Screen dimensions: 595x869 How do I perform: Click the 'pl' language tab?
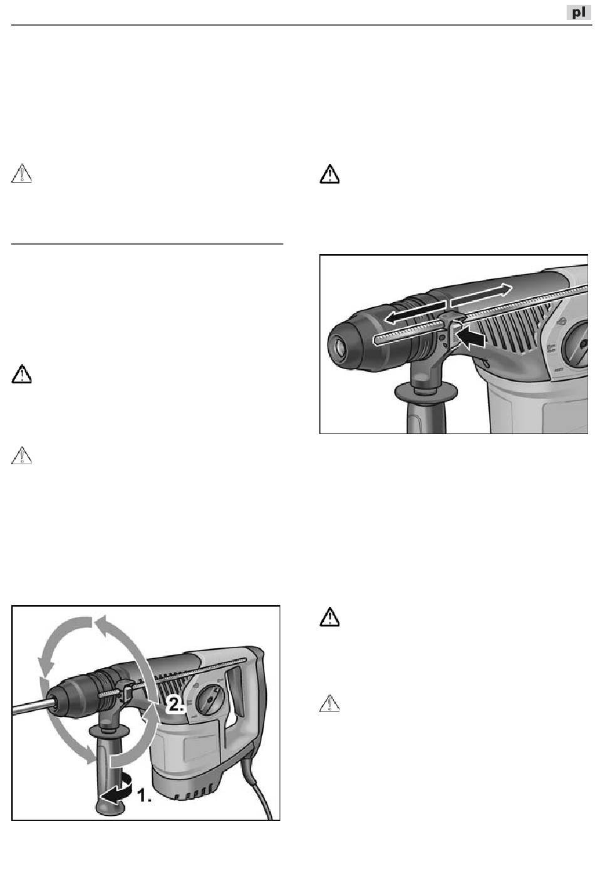(578, 13)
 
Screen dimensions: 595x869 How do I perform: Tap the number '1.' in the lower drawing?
(144, 796)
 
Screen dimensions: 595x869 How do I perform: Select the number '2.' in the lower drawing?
(175, 704)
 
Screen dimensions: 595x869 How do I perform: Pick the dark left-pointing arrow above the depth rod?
(416, 312)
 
